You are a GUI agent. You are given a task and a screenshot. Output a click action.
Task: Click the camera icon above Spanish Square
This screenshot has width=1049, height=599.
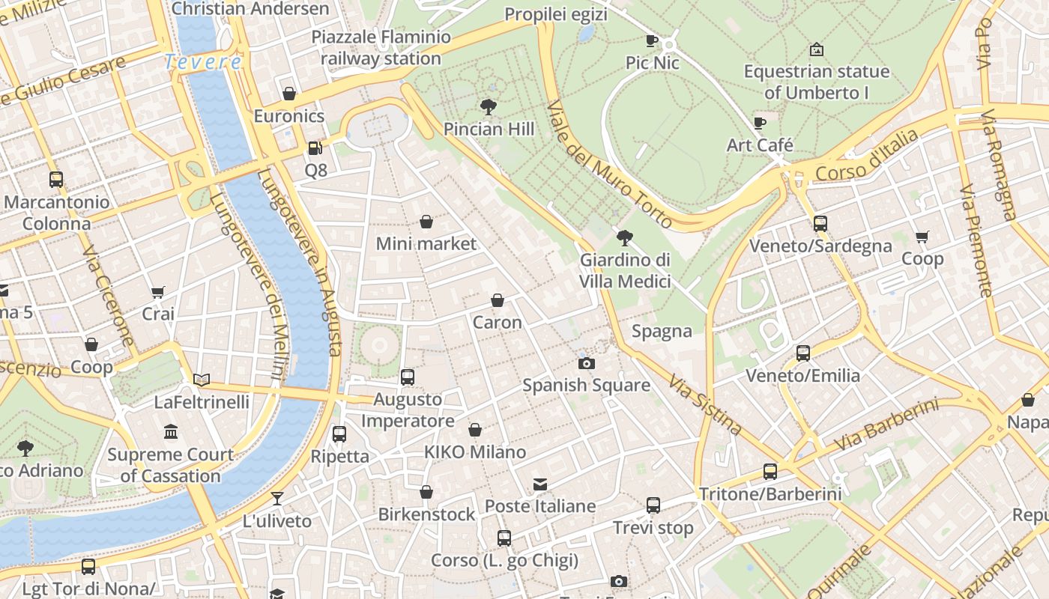(x=586, y=363)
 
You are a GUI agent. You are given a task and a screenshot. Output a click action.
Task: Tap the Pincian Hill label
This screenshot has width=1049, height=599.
(x=489, y=129)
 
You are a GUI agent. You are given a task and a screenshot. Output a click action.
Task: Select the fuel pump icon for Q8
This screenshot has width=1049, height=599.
(x=315, y=148)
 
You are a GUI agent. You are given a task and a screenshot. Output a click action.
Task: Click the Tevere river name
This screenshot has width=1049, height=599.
(x=203, y=61)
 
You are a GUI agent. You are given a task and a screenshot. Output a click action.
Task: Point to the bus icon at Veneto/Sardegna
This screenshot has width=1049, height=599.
(x=820, y=223)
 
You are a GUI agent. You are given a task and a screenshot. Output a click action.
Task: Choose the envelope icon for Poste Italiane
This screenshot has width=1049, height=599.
(x=540, y=484)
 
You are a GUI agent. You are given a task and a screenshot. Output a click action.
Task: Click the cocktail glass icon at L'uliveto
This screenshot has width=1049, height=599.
(x=277, y=498)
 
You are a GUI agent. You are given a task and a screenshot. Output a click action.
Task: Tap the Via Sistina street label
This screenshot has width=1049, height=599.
(x=705, y=405)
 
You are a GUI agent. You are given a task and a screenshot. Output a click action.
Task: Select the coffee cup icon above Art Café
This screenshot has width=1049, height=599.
(x=760, y=123)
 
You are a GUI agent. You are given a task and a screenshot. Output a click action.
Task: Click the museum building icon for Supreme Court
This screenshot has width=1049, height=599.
(x=171, y=432)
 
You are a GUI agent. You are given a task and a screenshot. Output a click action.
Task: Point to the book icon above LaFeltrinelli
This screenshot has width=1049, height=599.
(x=202, y=380)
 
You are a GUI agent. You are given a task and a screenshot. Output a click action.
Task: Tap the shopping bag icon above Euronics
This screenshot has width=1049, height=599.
(x=289, y=94)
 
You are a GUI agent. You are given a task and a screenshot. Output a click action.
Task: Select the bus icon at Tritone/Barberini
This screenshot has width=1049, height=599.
(x=770, y=471)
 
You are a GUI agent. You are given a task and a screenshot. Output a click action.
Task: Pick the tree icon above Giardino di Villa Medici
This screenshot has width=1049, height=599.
(x=624, y=238)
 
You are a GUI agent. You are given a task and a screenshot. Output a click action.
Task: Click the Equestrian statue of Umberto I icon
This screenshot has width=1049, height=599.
(x=817, y=50)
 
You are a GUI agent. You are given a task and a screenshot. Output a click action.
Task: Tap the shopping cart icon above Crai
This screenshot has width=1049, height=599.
(x=157, y=291)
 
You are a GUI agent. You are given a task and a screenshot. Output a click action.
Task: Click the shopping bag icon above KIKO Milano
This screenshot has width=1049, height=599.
(x=474, y=430)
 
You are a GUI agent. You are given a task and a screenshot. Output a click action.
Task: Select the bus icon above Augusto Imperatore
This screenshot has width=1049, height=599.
(x=408, y=377)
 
